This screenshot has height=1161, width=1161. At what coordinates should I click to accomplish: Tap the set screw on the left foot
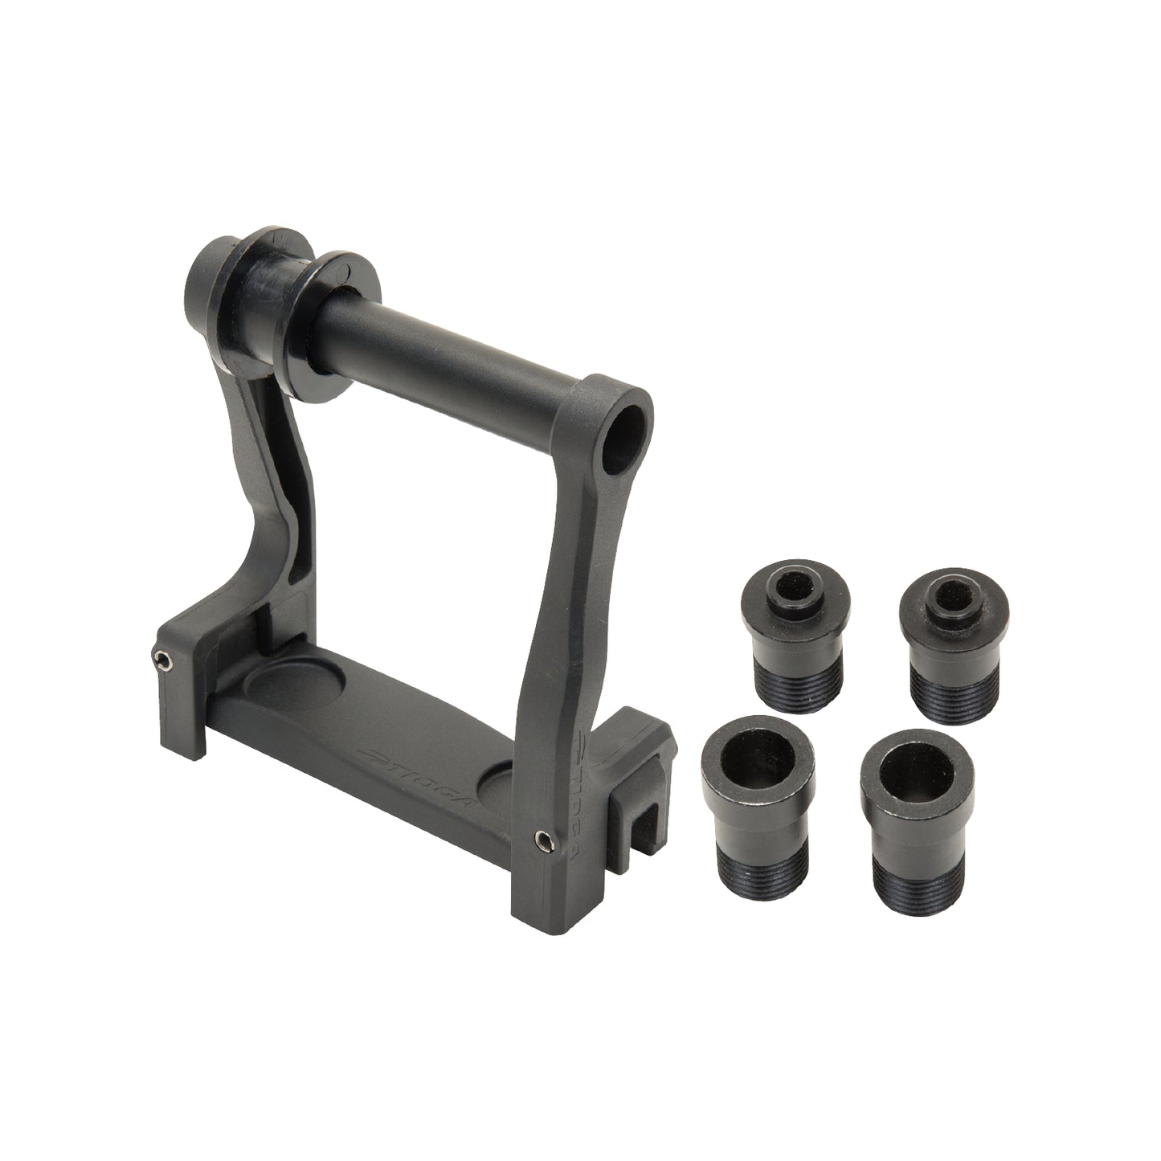[164, 660]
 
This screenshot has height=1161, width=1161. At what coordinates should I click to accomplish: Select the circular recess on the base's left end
[292, 686]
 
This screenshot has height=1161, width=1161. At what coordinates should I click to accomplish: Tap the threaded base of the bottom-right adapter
[917, 852]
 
